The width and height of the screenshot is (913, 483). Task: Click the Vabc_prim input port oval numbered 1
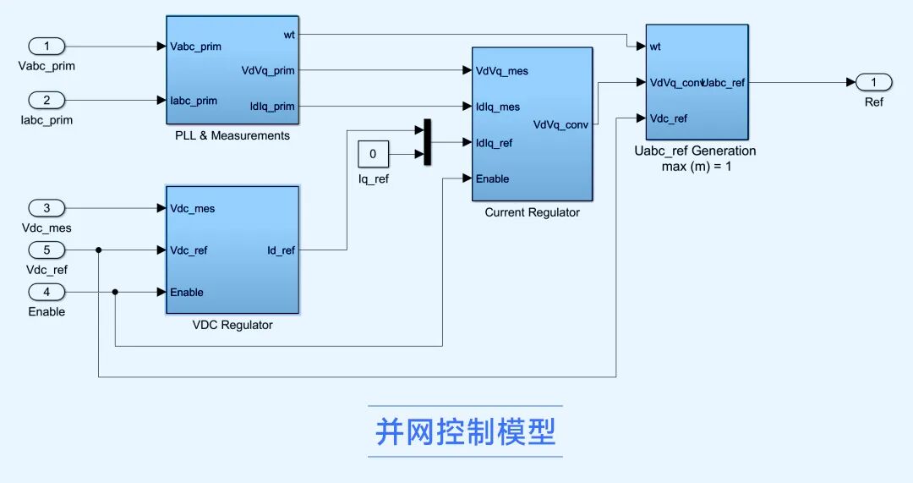pyautogui.click(x=46, y=46)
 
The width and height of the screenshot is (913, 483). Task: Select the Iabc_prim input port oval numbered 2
pyautogui.click(x=46, y=100)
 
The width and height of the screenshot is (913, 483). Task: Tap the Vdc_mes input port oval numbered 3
pyautogui.click(x=46, y=208)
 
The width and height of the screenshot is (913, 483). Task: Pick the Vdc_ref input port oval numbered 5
pyautogui.click(x=46, y=250)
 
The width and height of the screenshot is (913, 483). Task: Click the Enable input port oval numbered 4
pyautogui.click(x=46, y=292)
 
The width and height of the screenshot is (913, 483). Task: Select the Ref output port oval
pyautogui.click(x=873, y=82)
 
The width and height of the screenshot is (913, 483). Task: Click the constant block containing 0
pyautogui.click(x=373, y=154)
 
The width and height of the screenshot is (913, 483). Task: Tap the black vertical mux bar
pyautogui.click(x=427, y=142)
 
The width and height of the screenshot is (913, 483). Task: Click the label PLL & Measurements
pyautogui.click(x=232, y=135)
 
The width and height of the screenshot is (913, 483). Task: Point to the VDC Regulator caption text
pyautogui.click(x=232, y=325)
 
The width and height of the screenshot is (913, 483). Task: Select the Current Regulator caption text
pyautogui.click(x=532, y=212)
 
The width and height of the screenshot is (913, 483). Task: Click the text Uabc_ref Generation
pyautogui.click(x=695, y=151)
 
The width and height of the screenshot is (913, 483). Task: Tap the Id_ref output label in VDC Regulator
pyautogui.click(x=281, y=250)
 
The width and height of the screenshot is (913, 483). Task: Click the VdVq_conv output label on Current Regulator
pyautogui.click(x=560, y=125)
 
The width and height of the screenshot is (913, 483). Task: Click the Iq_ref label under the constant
pyautogui.click(x=373, y=179)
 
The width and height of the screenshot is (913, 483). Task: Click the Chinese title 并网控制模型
pyautogui.click(x=465, y=432)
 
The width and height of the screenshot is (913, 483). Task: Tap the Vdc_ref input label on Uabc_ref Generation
pyautogui.click(x=668, y=118)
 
